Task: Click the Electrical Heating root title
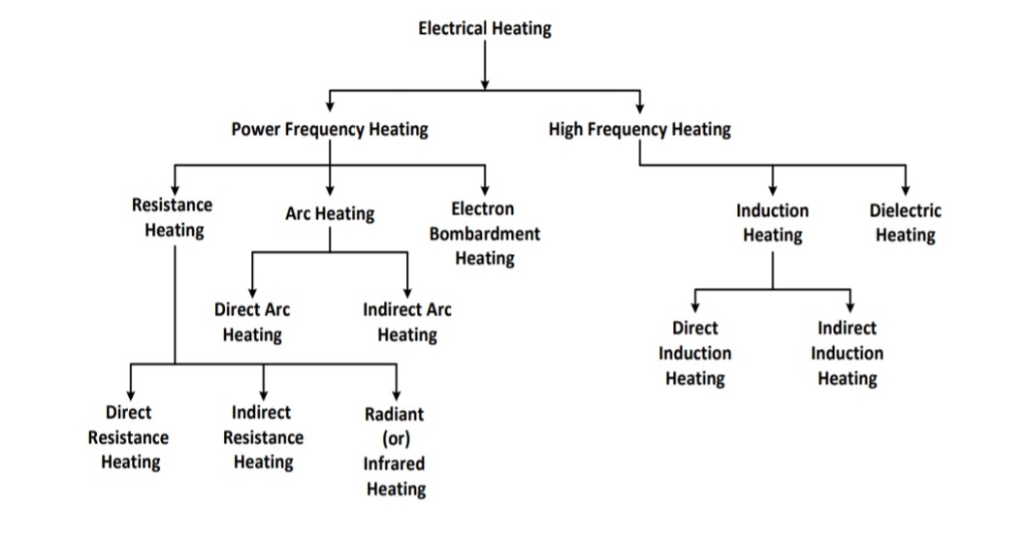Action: click(484, 28)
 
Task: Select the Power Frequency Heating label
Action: click(329, 129)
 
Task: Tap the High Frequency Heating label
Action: click(639, 129)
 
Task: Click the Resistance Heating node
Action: click(174, 217)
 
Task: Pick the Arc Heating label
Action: click(329, 214)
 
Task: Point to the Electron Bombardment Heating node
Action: click(484, 234)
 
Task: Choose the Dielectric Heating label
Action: click(905, 223)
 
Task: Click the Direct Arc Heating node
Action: click(251, 323)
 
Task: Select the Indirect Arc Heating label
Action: click(406, 323)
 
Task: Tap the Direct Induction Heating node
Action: click(694, 353)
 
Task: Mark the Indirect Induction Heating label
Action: click(847, 353)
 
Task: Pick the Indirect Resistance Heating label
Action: click(263, 437)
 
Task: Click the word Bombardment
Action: click(484, 234)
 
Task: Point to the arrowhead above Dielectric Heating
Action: click(905, 189)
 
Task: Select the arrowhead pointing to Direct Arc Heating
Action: click(251, 292)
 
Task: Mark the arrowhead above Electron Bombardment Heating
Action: click(484, 189)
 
